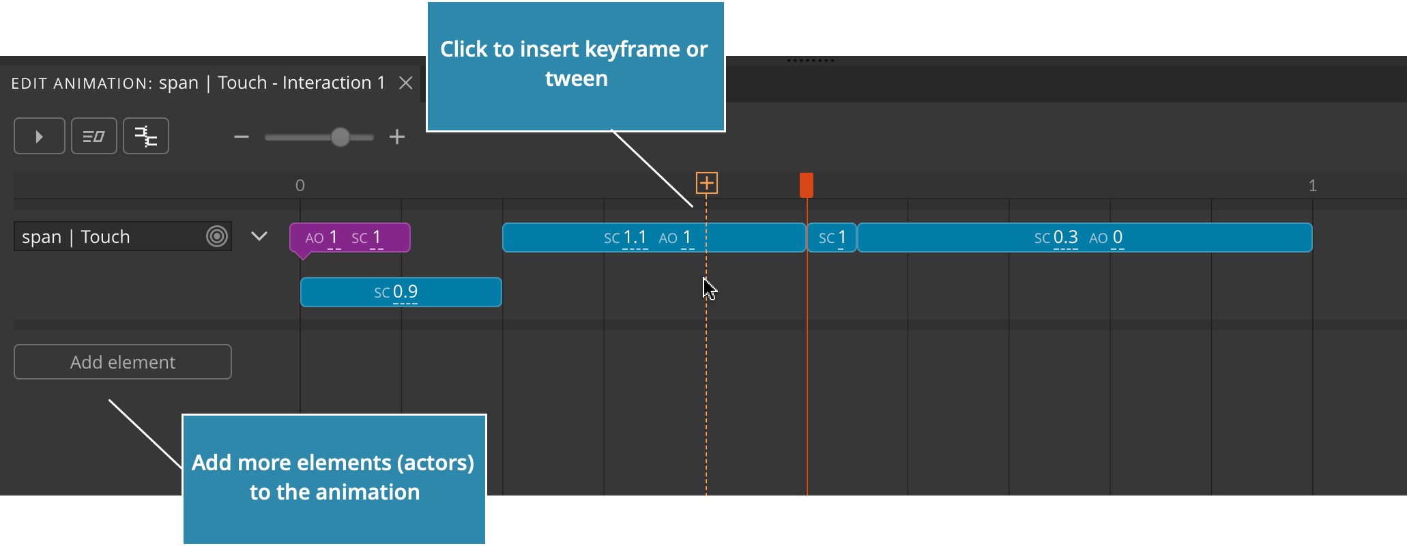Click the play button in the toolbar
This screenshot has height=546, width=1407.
[40, 136]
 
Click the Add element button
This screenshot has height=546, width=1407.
[123, 362]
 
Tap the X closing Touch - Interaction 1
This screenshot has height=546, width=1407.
[406, 83]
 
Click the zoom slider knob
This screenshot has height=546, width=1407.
[340, 137]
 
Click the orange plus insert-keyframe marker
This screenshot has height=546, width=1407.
[707, 183]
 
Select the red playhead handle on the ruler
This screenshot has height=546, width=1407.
[807, 185]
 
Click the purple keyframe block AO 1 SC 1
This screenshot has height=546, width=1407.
[350, 238]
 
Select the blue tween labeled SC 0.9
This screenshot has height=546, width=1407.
[401, 292]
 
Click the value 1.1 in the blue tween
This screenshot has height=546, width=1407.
[635, 238]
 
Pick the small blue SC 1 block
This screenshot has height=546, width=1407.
[832, 238]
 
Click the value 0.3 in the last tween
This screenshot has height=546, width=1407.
[1066, 238]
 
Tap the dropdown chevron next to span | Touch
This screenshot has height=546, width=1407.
[259, 236]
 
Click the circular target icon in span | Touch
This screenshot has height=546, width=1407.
[217, 236]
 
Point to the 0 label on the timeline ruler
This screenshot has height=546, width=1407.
[300, 186]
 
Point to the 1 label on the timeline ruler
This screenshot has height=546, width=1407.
[1312, 186]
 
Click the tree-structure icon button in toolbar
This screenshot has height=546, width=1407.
[146, 136]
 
